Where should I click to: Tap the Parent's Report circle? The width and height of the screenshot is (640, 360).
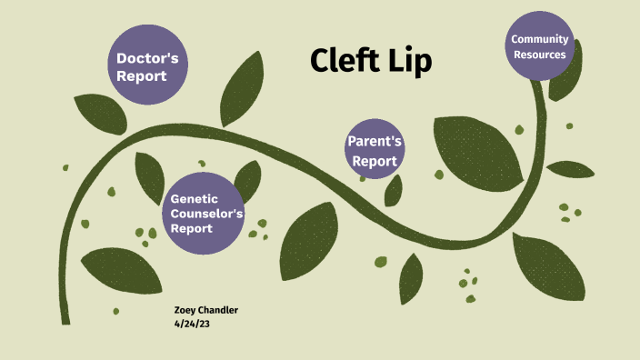pos(375,147)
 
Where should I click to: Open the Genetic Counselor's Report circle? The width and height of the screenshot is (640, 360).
pos(206,214)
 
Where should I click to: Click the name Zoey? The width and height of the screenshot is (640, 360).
pos(186,311)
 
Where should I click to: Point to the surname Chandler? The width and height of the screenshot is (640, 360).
pos(221,311)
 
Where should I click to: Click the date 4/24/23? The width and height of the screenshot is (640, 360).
pos(192,323)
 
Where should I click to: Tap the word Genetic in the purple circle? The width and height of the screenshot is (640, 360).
pos(195,198)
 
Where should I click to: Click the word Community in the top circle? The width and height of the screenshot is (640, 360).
pos(540,39)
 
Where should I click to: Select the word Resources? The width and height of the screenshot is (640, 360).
pos(539,55)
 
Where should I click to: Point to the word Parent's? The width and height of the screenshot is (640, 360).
pos(375,143)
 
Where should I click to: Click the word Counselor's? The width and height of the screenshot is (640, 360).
pos(207,214)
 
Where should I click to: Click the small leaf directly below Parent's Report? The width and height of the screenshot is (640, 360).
pos(393,191)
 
